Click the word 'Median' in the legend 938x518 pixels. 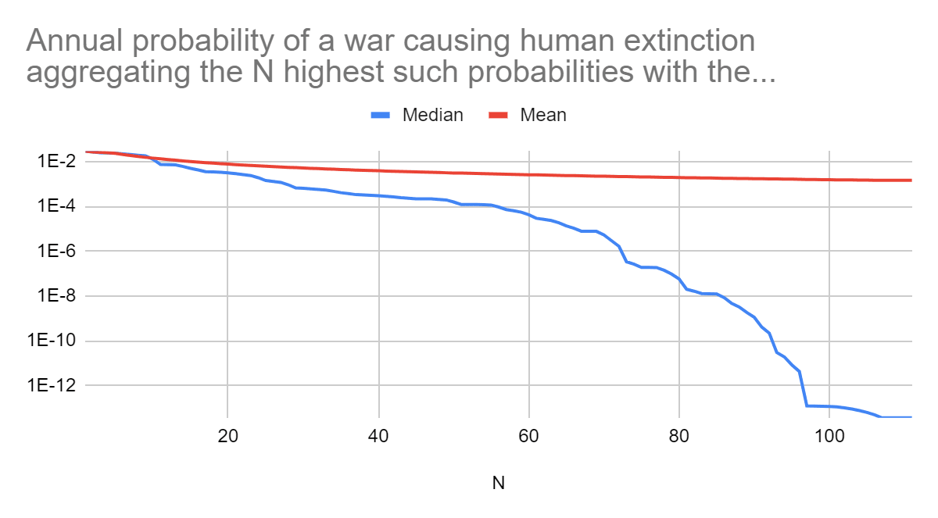pos(432,115)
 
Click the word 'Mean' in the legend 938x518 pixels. pos(543,115)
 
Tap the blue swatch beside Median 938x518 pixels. pos(381,116)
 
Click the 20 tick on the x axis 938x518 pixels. pos(227,436)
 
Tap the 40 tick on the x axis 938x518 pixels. pos(378,436)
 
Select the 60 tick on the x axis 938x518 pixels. pos(529,436)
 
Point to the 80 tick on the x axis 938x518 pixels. pos(680,436)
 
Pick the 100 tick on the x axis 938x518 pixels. pos(830,436)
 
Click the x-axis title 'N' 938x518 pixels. pos(498,483)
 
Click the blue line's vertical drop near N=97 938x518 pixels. pos(803,389)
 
